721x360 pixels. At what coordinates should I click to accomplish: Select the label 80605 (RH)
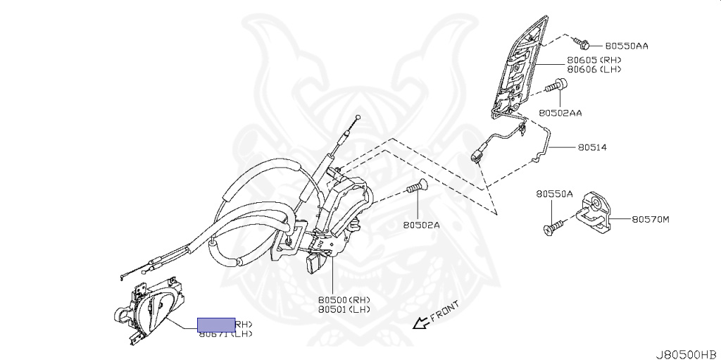pos(594,61)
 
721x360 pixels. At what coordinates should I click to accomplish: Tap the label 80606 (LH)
pos(594,70)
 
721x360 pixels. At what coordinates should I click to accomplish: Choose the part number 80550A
pos(554,194)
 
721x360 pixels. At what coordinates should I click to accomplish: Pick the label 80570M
pos(650,219)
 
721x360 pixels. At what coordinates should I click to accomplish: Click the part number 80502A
pos(421,225)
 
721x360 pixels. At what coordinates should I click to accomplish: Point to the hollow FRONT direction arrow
pos(420,323)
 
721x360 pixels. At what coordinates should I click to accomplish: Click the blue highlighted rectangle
pos(215,324)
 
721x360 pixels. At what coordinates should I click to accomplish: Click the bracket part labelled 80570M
pos(594,211)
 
